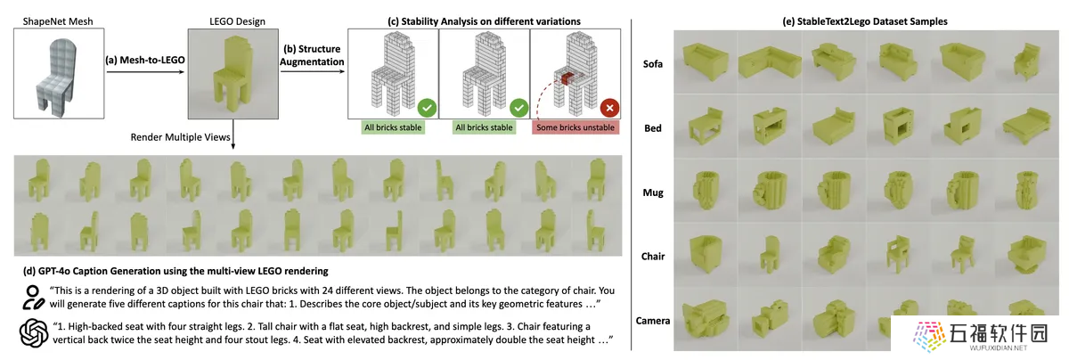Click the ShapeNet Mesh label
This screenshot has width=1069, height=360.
tap(58, 21)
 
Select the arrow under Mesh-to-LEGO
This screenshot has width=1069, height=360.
tap(145, 72)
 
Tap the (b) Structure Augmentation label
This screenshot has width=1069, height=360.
tap(312, 55)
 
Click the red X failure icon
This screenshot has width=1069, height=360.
tap(609, 108)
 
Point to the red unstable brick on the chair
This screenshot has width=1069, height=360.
tap(567, 78)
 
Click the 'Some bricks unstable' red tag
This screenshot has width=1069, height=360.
tap(575, 127)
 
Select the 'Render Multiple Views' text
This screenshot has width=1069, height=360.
tap(180, 137)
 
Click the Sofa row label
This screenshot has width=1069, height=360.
tap(652, 64)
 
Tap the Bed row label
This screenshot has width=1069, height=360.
tap(652, 128)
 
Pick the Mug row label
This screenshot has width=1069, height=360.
tap(652, 192)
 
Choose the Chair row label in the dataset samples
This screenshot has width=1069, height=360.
tap(652, 257)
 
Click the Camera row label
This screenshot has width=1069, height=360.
tap(652, 321)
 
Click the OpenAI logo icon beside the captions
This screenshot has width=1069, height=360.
tap(34, 332)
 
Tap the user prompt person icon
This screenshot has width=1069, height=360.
tap(33, 298)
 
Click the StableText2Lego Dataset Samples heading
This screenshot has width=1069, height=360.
tap(865, 21)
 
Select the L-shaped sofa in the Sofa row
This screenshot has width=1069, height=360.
tap(770, 62)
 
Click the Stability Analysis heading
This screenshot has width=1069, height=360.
tap(484, 21)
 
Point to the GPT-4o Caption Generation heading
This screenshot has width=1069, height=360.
tap(175, 271)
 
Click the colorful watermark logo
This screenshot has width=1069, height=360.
tap(929, 336)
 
